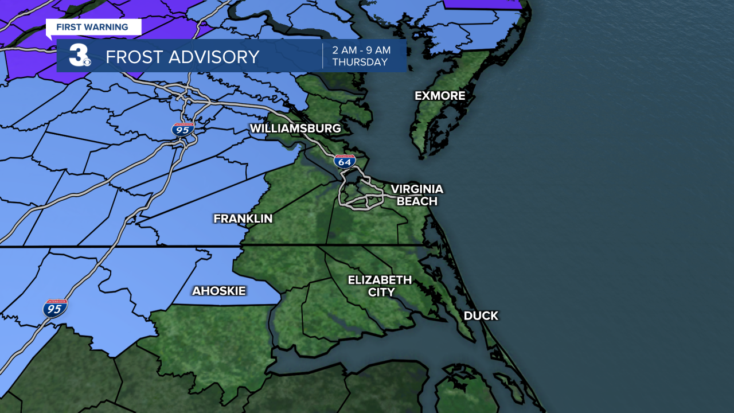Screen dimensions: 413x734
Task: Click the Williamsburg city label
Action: [295, 128]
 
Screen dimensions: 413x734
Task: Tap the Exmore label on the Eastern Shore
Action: [440, 96]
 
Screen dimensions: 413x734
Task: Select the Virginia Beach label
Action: [417, 195]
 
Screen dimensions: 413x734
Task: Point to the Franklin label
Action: [243, 219]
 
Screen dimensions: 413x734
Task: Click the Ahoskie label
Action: [218, 291]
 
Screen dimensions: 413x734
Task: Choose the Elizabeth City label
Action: [380, 286]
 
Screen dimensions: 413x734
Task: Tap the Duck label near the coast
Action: [481, 315]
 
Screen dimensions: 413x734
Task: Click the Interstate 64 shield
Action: [345, 161]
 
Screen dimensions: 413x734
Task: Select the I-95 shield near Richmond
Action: [183, 129]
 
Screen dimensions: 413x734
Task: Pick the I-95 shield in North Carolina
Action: [55, 308]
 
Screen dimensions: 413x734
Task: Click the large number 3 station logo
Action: [77, 56]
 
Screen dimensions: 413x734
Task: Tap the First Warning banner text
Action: [92, 27]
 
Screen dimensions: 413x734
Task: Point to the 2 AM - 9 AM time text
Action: [361, 50]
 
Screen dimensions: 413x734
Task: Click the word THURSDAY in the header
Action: [360, 63]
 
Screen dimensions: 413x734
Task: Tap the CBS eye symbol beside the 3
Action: [87, 61]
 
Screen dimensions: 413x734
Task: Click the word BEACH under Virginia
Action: [417, 201]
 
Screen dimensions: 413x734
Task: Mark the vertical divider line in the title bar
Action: [322, 56]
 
